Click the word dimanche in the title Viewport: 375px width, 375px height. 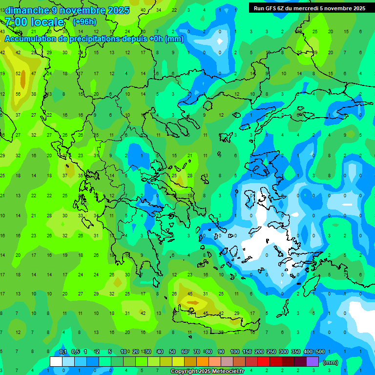click(x=27, y=10)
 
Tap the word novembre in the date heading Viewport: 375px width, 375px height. click(x=81, y=10)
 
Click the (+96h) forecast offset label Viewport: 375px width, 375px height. click(x=84, y=22)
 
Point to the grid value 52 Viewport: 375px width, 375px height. click(x=19, y=74)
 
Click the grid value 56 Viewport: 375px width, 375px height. click(x=19, y=94)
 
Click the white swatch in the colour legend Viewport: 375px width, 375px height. click(x=56, y=362)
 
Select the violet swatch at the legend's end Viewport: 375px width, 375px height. click(x=312, y=362)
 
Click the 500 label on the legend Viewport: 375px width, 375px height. click(x=320, y=352)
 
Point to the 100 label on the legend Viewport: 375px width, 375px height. click(x=234, y=352)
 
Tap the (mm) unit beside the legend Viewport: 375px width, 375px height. click(x=331, y=363)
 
